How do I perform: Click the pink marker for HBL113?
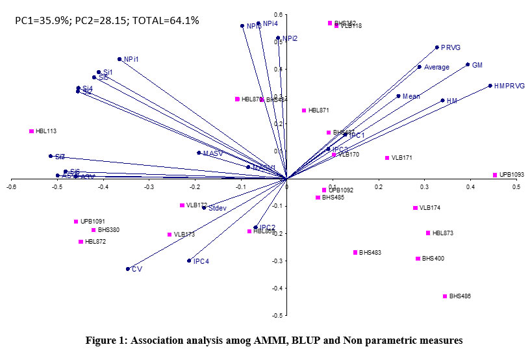[x=31, y=131]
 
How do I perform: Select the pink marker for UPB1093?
[x=495, y=175]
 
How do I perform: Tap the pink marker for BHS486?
[x=445, y=296]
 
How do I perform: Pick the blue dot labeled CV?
[x=128, y=268]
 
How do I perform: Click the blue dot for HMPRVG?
[x=490, y=86]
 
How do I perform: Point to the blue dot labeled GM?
[x=468, y=64]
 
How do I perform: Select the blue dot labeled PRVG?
[x=436, y=47]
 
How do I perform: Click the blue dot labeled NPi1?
[x=120, y=59]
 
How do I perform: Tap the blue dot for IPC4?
[x=189, y=261]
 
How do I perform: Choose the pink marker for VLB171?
[x=387, y=158]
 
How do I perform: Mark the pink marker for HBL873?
[x=428, y=233]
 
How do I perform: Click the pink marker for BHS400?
[x=418, y=259]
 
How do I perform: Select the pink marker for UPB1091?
[x=76, y=222]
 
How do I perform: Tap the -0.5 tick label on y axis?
[x=278, y=316]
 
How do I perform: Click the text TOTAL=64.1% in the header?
[x=165, y=20]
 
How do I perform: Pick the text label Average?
[x=436, y=67]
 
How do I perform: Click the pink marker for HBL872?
[x=81, y=242]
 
